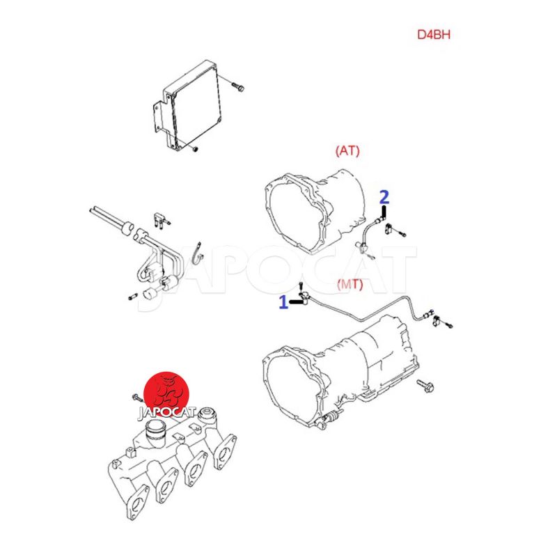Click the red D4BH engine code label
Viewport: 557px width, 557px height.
point(433,34)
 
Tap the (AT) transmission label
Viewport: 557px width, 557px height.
point(347,150)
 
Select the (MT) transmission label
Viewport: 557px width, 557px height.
point(350,284)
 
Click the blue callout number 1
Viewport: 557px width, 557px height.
point(283,302)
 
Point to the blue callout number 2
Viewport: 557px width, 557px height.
point(384,197)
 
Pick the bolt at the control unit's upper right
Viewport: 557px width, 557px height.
point(237,86)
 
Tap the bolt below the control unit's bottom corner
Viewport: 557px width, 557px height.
point(195,149)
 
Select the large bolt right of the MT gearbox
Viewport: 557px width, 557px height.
point(425,386)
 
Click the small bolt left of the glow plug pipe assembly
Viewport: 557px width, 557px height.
point(133,297)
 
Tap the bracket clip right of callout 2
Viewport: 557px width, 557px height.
point(389,229)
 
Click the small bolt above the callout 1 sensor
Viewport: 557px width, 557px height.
point(301,285)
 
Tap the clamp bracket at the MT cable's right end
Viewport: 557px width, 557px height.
point(437,321)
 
